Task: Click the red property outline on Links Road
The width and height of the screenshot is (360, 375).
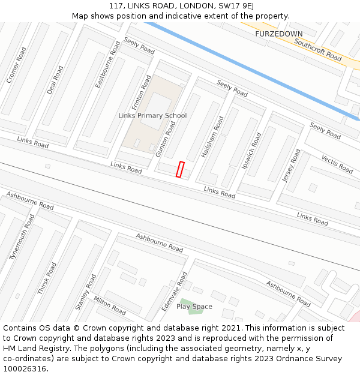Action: [x=179, y=169]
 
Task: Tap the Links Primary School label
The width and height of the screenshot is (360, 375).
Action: [x=152, y=116]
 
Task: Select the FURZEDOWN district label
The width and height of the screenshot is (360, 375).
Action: [x=278, y=34]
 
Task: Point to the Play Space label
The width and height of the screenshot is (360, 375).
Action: [x=194, y=307]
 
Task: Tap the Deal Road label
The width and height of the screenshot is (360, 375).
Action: [x=55, y=80]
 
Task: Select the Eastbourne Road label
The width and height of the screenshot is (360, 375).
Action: [x=107, y=65]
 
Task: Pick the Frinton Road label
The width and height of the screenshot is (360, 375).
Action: [x=142, y=91]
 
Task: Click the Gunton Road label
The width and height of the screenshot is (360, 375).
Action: [x=166, y=139]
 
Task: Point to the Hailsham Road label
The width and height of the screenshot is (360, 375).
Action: [x=212, y=137]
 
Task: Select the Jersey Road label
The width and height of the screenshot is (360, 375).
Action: [x=291, y=166]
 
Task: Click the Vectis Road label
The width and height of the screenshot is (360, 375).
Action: [x=337, y=164]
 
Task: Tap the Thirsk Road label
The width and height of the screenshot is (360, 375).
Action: [x=47, y=278]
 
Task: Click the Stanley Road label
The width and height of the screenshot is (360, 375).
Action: [x=86, y=292]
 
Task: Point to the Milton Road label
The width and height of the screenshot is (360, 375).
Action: [x=109, y=305]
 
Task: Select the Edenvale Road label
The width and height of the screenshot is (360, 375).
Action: [x=174, y=291]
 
